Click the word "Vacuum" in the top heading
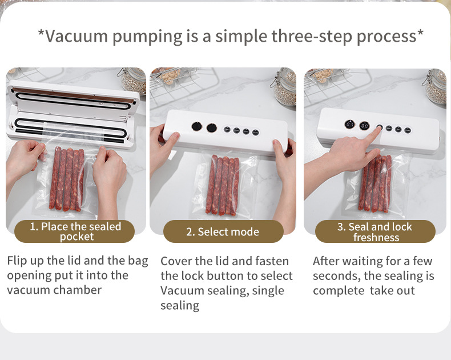pyautogui.click(x=76, y=37)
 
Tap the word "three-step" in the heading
pyautogui.click(x=312, y=37)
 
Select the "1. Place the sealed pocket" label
pyautogui.click(x=75, y=231)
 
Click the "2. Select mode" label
pyautogui.click(x=223, y=231)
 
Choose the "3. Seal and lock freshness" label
pyautogui.click(x=375, y=231)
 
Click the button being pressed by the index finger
pyautogui.click(x=380, y=127)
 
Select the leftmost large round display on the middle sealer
pyautogui.click(x=197, y=126)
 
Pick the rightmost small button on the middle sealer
pyautogui.click(x=255, y=133)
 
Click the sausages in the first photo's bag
pyautogui.click(x=67, y=178)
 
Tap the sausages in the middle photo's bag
pyautogui.click(x=222, y=185)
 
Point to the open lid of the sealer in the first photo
pyautogui.click(x=73, y=100)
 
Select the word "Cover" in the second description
pyautogui.click(x=176, y=261)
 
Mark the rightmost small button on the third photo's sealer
pyautogui.click(x=408, y=130)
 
